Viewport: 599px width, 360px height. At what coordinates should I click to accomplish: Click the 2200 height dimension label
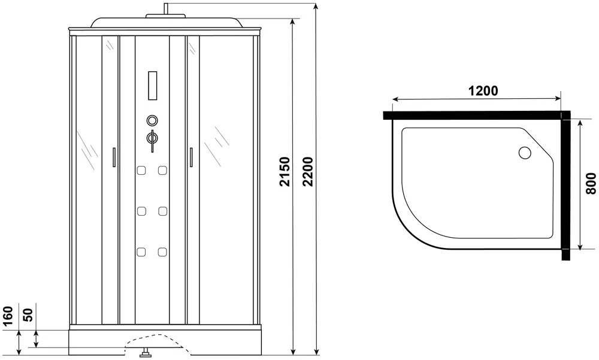[x=308, y=171]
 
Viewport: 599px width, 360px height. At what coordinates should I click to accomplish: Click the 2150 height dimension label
[x=285, y=171]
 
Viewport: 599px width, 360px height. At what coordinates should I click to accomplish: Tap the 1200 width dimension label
[x=483, y=91]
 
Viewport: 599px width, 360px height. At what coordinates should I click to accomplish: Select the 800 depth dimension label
[x=591, y=184]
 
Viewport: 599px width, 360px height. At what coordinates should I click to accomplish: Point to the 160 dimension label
[x=8, y=315]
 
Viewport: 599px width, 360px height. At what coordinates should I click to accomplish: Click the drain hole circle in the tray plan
[x=525, y=153]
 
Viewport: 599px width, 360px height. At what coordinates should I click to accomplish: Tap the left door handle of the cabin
[x=113, y=157]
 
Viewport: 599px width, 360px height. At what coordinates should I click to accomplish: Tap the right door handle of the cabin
[x=190, y=157]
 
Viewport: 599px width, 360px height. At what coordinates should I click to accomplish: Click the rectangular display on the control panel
[x=152, y=86]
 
